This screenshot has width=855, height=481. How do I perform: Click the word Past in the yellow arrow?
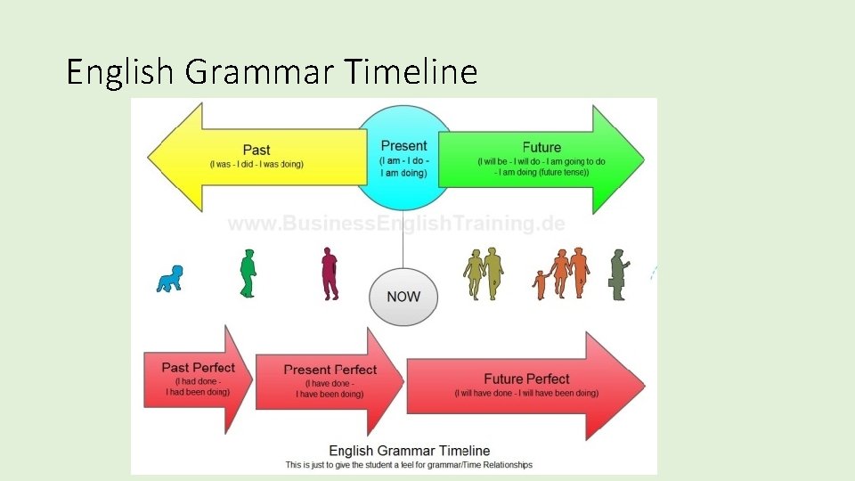(x=256, y=150)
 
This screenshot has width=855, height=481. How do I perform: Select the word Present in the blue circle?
(x=403, y=146)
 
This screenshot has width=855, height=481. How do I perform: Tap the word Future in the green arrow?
(x=541, y=148)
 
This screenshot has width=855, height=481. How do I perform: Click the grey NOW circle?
(x=403, y=297)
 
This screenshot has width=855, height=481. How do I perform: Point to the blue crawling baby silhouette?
(x=169, y=279)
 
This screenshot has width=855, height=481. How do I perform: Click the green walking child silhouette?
(x=248, y=273)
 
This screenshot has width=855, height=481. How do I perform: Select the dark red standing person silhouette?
(x=330, y=273)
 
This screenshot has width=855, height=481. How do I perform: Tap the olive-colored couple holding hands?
(x=484, y=273)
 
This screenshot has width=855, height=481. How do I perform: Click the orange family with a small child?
(x=564, y=273)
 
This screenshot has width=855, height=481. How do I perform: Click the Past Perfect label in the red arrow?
(x=199, y=367)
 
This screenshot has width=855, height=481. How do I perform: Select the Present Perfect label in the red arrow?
(x=330, y=370)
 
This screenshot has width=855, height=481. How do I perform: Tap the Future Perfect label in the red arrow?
(x=526, y=379)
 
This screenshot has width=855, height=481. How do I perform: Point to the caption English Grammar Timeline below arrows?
(x=409, y=451)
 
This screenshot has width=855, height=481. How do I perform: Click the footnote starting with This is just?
(x=409, y=465)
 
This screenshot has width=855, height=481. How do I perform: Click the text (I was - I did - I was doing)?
(x=256, y=165)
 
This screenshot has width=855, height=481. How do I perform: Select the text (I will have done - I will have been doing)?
(x=526, y=394)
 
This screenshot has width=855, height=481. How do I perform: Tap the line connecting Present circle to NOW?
(x=403, y=240)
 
